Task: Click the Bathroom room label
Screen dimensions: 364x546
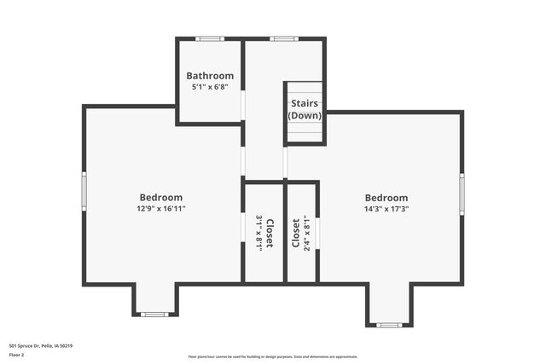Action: (210, 76)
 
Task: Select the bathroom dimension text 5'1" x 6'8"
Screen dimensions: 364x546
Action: (210, 87)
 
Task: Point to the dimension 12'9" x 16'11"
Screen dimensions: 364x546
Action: (161, 209)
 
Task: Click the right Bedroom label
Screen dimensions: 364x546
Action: (386, 198)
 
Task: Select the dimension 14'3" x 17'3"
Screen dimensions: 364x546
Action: (386, 209)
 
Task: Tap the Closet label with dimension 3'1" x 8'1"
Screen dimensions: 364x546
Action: (270, 233)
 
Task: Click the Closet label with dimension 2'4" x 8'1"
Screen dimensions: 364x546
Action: (296, 233)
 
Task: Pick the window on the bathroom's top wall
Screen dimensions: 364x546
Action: (210, 38)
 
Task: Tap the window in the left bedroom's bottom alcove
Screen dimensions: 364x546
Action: (154, 315)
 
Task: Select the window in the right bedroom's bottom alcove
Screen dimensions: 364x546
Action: (389, 325)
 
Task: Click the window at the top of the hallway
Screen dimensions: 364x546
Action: (283, 38)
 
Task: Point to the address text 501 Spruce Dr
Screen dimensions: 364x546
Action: (40, 346)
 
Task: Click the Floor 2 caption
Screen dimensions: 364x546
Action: (17, 355)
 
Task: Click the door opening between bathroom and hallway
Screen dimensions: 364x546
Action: (243, 105)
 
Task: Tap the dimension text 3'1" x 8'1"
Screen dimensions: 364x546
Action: (259, 233)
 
